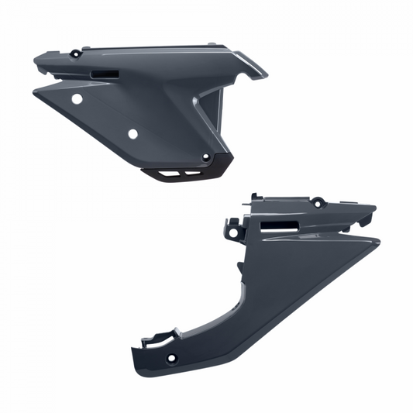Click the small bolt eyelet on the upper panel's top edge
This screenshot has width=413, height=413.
tap(74, 54)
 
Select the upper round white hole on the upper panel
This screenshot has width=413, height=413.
tap(77, 100)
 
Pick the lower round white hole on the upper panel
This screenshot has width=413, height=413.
tap(133, 133)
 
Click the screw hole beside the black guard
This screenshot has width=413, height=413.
tap(206, 157)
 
